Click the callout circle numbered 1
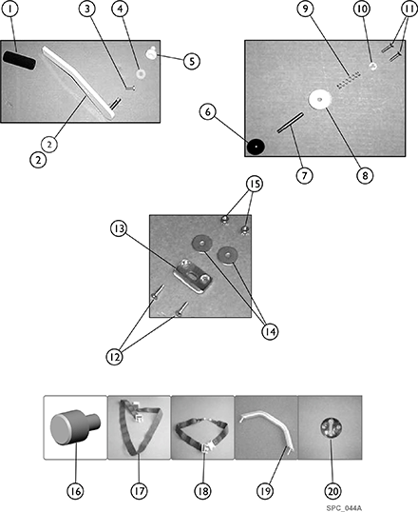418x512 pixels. [x=11, y=9]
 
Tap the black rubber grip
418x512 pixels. [x=19, y=60]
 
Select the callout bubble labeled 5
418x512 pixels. [x=192, y=61]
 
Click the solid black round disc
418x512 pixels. [x=256, y=147]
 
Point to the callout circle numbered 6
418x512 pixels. [x=208, y=112]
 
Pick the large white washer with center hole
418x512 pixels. [x=320, y=99]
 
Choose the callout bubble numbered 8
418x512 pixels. [x=365, y=176]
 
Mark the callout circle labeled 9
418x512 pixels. [x=305, y=9]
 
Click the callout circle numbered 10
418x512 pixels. [x=362, y=9]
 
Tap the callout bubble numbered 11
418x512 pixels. [x=408, y=9]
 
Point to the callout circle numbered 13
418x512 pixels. [x=119, y=228]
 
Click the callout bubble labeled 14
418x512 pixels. [x=271, y=332]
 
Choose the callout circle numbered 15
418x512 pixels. [x=255, y=185]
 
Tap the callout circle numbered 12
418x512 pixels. [x=114, y=357]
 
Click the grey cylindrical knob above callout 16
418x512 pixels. [x=75, y=427]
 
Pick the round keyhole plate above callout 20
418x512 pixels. [x=332, y=427]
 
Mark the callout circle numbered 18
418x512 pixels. [x=202, y=491]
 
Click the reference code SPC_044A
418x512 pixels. [x=344, y=508]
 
